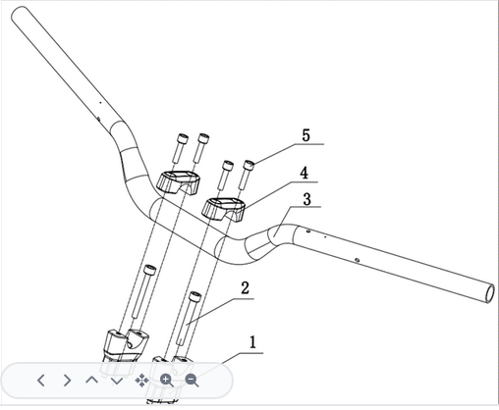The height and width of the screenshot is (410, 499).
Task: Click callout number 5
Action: tap(305, 135)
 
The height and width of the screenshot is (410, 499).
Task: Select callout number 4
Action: tap(305, 173)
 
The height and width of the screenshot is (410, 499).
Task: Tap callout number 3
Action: tap(306, 199)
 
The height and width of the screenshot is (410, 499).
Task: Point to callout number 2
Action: tap(245, 287)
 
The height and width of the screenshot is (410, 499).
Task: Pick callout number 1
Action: tap(252, 342)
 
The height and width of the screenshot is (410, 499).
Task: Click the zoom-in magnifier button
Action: tap(167, 381)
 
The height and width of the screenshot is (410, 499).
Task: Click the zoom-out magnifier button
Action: tap(192, 381)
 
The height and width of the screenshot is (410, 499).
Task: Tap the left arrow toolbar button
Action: tap(41, 381)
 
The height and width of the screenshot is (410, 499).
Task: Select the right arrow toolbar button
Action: tap(67, 381)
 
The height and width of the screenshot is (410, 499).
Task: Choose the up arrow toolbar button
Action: tap(92, 380)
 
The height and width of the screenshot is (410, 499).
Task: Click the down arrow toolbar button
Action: tap(117, 382)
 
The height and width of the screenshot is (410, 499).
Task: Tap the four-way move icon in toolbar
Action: tap(141, 381)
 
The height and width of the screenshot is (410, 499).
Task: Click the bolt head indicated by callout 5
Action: tap(249, 165)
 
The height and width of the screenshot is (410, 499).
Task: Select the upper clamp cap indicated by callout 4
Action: tap(224, 209)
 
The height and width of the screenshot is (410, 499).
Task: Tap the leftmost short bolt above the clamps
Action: tap(180, 148)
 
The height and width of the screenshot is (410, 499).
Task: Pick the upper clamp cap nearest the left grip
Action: tap(179, 183)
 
